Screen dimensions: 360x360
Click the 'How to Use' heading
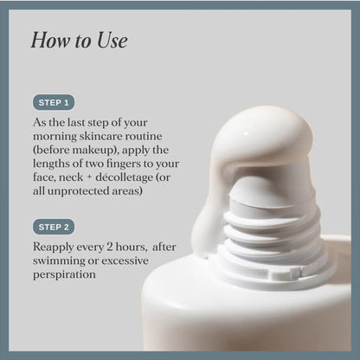pos(80,40)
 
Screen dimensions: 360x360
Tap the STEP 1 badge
pos(54,102)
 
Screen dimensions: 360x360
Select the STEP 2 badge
pos(54,227)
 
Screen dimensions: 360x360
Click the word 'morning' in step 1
pos(55,137)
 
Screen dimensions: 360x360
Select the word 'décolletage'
pos(125,177)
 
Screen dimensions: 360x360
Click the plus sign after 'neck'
pos(89,177)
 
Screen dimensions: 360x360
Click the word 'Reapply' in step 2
pos(54,247)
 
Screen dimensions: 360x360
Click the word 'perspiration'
pos(64,274)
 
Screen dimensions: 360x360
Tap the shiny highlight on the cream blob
pos(246,133)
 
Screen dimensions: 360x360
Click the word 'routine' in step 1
pos(148,136)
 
